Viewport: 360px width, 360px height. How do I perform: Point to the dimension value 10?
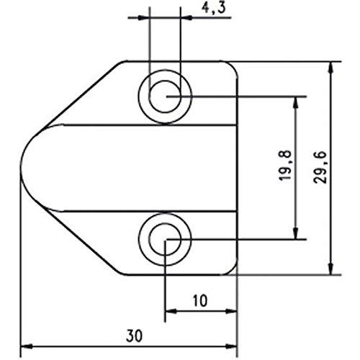[200, 298]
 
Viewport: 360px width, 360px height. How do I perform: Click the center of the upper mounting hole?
[166, 95]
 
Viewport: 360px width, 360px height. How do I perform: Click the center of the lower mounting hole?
[166, 239]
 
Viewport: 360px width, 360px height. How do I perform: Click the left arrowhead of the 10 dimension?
[171, 311]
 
